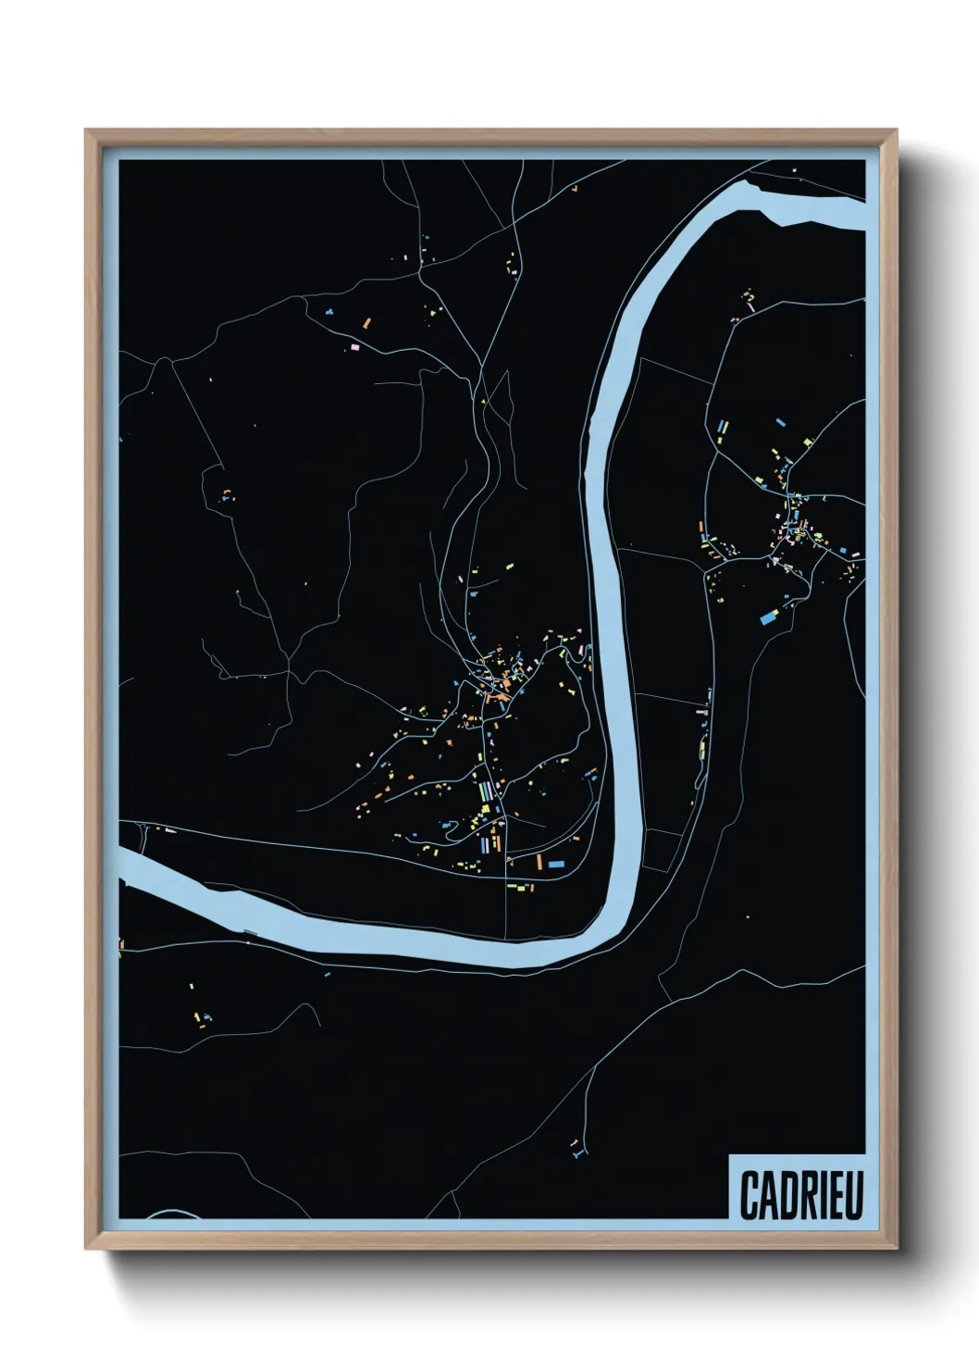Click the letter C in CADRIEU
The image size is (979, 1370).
(x=750, y=1195)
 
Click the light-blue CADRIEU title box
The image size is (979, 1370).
(x=798, y=1187)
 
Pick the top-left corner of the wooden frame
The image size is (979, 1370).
(x=86, y=131)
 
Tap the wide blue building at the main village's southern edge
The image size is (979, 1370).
(x=555, y=864)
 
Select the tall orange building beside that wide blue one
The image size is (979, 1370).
(x=539, y=863)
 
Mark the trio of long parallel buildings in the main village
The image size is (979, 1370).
(x=486, y=792)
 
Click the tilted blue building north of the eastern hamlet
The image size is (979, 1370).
(x=782, y=420)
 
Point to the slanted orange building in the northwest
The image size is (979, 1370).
(x=366, y=323)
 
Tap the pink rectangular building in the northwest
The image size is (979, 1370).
(x=353, y=346)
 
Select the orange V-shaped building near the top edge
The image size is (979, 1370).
(x=574, y=189)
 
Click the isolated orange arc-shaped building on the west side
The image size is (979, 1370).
(x=226, y=492)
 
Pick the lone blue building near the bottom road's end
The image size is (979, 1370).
(x=577, y=1155)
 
